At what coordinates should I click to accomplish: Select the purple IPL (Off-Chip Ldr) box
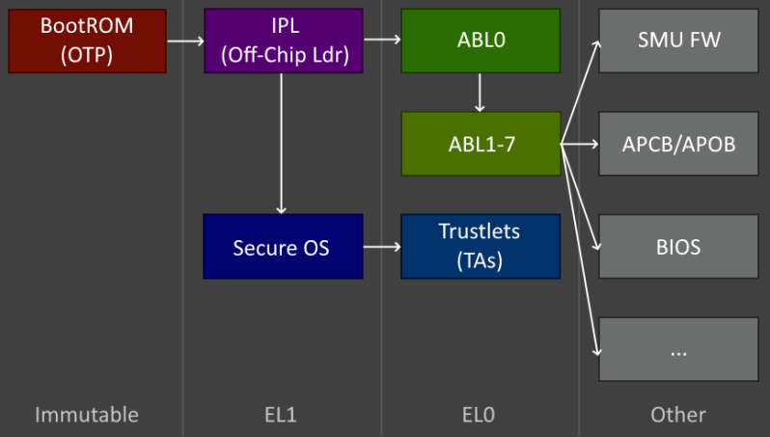pos(283,41)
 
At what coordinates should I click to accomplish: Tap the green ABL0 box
pos(480,41)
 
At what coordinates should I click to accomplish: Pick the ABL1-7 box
pos(480,144)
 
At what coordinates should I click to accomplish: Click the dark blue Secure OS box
pos(283,247)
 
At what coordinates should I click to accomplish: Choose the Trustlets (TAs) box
pos(480,246)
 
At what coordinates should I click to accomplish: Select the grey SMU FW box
pos(678,41)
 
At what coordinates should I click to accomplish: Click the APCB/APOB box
pos(678,144)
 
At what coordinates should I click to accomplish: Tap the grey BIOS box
pos(678,246)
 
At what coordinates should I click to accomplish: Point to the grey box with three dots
pos(678,348)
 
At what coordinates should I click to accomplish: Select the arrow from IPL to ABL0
pos(381,41)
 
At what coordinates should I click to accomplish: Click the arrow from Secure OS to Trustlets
pos(381,247)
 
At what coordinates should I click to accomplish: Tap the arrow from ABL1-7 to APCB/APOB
pos(580,144)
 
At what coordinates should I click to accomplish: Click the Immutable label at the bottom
pos(87,415)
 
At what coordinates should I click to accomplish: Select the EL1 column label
pos(281,415)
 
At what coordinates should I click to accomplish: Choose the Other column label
pos(677,415)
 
